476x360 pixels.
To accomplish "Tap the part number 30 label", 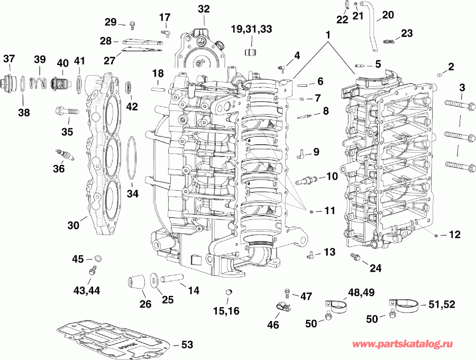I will tap(74, 225).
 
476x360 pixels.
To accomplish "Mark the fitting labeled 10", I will tap(305, 179).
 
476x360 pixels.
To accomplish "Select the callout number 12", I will tap(455, 234).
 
